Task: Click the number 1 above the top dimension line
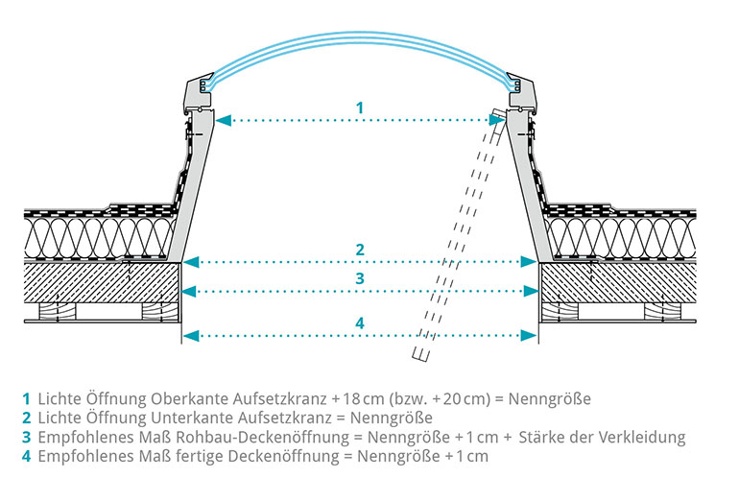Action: (x=360, y=108)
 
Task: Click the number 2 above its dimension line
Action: (x=360, y=250)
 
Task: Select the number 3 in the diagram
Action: (x=360, y=278)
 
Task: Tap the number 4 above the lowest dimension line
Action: (x=360, y=323)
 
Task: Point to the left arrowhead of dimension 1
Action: (x=224, y=120)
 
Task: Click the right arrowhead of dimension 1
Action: (x=497, y=120)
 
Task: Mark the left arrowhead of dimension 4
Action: (x=189, y=336)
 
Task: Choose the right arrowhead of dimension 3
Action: (x=531, y=292)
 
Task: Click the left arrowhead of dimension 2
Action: (x=190, y=262)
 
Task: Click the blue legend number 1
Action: (x=27, y=398)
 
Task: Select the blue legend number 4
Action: (x=27, y=456)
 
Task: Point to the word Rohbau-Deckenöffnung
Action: (x=262, y=437)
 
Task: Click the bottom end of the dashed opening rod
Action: (x=419, y=355)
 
